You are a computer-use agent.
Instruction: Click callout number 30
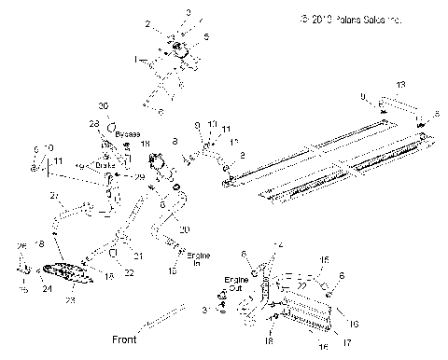pyautogui.click(x=103, y=105)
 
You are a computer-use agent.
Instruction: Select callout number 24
pyautogui.click(x=44, y=288)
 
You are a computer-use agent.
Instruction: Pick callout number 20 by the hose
pyautogui.click(x=184, y=229)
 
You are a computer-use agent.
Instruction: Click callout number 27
pyautogui.click(x=55, y=195)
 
